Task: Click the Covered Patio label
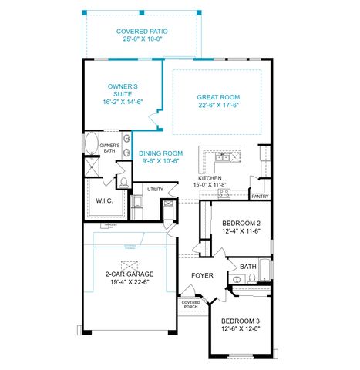[143, 32]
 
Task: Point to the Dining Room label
[160, 153]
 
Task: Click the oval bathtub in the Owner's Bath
[91, 144]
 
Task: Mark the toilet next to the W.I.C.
[123, 183]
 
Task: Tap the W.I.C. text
[105, 200]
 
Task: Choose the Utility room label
[155, 189]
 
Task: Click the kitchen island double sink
[226, 156]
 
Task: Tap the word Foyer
[202, 274]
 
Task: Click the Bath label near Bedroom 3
[247, 267]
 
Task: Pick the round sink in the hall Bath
[237, 280]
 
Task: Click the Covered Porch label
[190, 304]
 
